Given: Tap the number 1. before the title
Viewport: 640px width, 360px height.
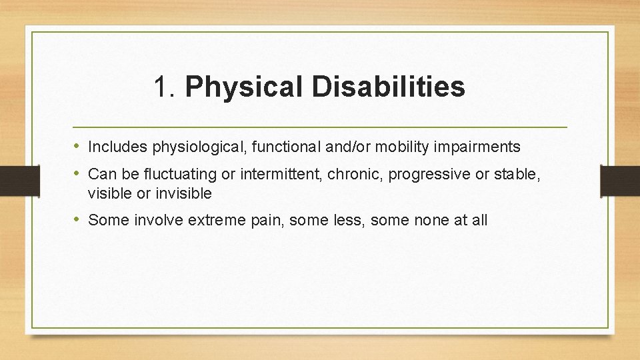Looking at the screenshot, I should pos(167,87).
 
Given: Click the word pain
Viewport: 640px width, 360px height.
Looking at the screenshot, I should pos(269,220).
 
